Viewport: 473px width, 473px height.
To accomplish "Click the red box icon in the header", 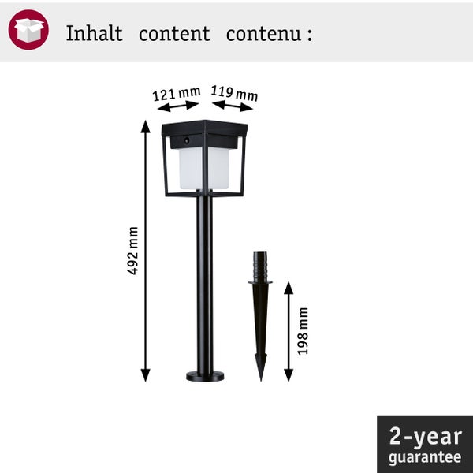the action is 28,30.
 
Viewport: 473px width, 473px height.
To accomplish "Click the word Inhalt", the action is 94,33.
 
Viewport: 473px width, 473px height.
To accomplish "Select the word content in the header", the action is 174,33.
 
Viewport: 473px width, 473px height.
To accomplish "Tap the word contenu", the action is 263,34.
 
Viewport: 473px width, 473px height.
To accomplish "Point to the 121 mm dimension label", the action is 177,94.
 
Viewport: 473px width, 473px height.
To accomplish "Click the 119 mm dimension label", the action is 234,93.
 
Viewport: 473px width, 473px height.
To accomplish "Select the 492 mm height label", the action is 132,251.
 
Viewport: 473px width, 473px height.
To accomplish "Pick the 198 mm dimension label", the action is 303,331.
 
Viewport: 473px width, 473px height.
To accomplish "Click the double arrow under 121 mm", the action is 178,106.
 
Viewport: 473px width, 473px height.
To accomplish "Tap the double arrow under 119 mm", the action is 233,106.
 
